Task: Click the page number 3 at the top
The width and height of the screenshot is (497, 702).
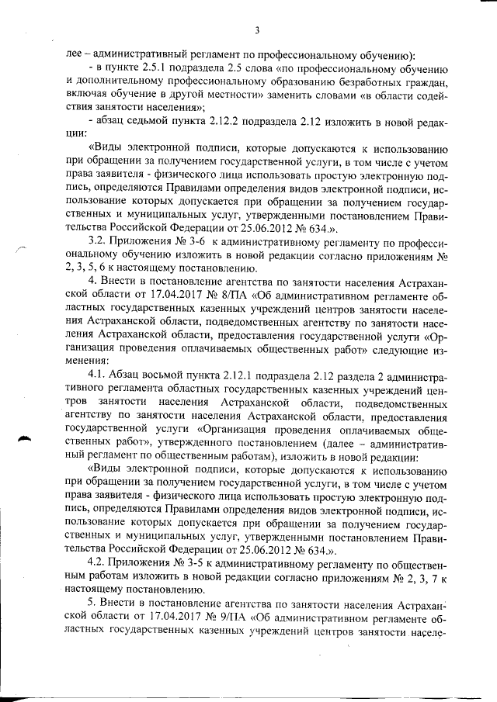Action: click(x=255, y=30)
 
